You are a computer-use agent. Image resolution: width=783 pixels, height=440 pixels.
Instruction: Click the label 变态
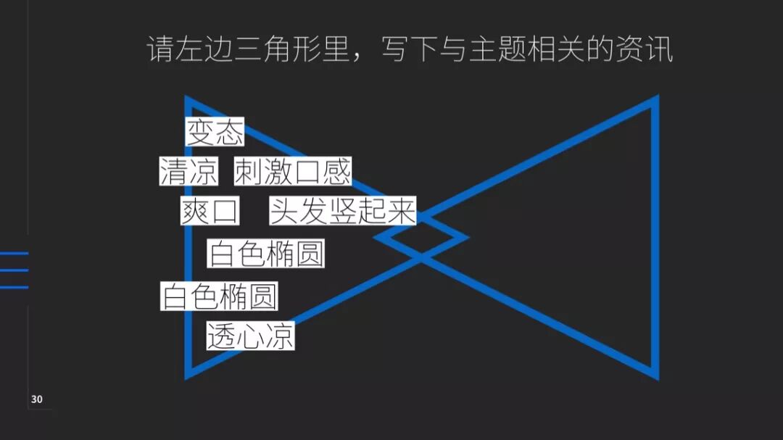pos(215,133)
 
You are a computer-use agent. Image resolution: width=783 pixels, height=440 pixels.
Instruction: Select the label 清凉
pos(188,172)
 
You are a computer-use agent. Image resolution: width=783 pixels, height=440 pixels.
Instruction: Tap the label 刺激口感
pos(293,172)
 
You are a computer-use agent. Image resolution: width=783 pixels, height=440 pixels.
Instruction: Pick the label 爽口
pos(210,212)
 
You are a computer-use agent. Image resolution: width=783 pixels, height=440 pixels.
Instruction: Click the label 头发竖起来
pos(343,211)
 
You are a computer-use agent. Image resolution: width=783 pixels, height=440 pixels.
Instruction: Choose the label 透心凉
pos(250,336)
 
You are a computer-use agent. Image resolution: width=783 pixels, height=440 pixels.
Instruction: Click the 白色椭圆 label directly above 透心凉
pos(220,296)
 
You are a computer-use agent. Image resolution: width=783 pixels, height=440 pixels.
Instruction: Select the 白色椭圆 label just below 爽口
pos(266,254)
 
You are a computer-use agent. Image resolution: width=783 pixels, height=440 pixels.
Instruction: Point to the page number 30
pos(37,399)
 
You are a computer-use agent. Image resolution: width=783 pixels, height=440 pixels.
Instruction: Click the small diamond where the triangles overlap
pos(421,236)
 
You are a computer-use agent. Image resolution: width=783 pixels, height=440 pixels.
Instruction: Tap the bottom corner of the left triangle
pos(188,374)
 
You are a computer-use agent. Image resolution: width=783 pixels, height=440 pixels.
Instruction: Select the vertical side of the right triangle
pos(655,239)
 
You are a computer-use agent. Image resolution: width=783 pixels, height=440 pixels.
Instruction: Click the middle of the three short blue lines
pos(14,270)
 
